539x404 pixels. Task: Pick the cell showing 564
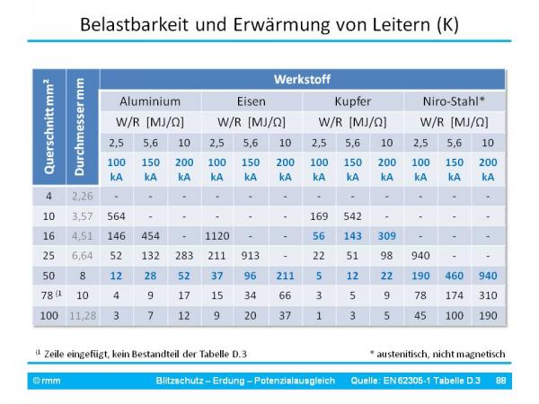pyautogui.click(x=116, y=215)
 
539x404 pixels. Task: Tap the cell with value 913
pyautogui.click(x=251, y=254)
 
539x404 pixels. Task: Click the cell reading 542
pyautogui.click(x=352, y=215)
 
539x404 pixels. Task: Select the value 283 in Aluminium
pyautogui.click(x=184, y=254)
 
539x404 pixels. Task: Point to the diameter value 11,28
pyautogui.click(x=82, y=315)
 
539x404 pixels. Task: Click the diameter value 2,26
pyautogui.click(x=82, y=196)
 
